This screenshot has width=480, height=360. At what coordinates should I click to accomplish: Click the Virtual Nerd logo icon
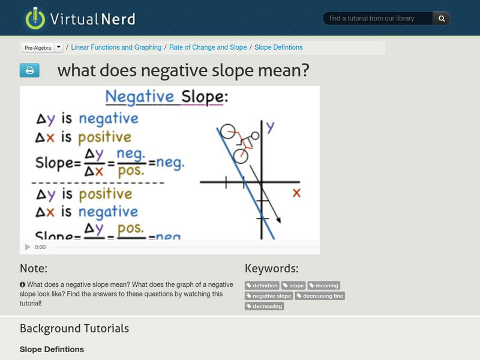coord(35,18)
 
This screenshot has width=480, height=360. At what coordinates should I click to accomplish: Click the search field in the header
coord(378,19)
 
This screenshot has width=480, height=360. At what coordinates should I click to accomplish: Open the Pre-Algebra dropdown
coord(42,47)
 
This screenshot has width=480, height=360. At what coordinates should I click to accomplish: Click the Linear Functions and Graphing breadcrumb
coord(116,47)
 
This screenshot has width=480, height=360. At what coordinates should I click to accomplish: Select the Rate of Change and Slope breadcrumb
coord(208,47)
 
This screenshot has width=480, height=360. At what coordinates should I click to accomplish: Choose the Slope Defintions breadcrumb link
coord(278,47)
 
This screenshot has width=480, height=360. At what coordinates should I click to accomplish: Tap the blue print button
coord(29,71)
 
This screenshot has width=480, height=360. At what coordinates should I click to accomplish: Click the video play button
coord(28,247)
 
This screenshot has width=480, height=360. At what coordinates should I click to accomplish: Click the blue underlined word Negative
coord(139,97)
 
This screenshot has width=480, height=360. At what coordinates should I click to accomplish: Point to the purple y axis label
coord(270,127)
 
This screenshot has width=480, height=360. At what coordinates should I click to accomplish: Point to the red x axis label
coord(296,193)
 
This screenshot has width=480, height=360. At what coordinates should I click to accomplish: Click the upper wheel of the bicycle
coord(227,131)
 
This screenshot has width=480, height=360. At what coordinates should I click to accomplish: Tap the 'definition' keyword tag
coord(262,286)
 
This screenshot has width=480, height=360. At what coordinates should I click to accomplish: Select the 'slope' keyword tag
coord(293,286)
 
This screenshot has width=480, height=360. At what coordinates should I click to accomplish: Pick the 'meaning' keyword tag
coord(324,286)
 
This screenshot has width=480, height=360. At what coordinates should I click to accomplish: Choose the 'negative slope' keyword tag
coord(269,296)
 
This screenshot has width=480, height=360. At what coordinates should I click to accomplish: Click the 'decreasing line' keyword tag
coord(320,296)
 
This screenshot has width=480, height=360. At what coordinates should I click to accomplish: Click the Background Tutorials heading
coord(74,328)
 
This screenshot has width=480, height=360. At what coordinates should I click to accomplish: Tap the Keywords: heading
coord(271,268)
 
